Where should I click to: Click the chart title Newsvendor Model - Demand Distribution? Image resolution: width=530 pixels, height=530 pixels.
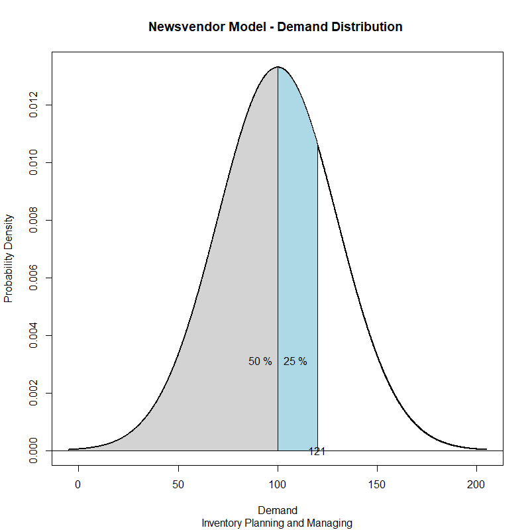click(276, 27)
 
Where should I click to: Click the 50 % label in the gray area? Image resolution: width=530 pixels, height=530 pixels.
click(260, 362)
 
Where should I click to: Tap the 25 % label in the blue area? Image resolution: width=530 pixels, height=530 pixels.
click(295, 362)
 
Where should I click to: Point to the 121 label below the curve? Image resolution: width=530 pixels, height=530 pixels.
click(317, 452)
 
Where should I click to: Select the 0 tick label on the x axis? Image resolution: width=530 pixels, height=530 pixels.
click(78, 484)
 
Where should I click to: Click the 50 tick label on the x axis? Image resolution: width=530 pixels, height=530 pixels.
click(178, 484)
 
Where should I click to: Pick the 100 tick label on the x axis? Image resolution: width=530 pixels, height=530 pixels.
click(278, 484)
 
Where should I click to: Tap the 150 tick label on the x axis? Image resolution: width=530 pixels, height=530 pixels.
click(378, 484)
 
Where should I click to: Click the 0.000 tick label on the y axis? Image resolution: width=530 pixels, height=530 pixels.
click(34, 450)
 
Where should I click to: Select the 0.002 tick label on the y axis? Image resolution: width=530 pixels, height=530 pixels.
click(34, 393)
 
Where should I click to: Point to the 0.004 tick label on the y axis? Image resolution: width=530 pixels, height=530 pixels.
click(34, 335)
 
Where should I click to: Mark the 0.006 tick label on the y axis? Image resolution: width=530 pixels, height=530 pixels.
click(34, 278)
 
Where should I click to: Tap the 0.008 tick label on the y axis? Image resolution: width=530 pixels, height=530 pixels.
click(34, 220)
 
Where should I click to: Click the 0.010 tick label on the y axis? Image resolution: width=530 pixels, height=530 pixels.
click(34, 162)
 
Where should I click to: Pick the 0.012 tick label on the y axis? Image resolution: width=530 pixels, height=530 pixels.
click(34, 105)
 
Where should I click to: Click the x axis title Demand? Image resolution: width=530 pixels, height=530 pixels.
click(278, 511)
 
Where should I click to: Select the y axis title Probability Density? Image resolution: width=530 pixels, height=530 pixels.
click(9, 258)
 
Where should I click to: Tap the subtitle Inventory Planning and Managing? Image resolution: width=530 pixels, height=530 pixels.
click(277, 523)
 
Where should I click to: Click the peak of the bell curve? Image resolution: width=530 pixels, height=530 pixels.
click(278, 67)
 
